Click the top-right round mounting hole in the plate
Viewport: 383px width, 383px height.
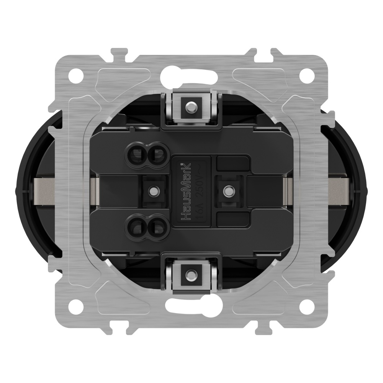tap(306, 74)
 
